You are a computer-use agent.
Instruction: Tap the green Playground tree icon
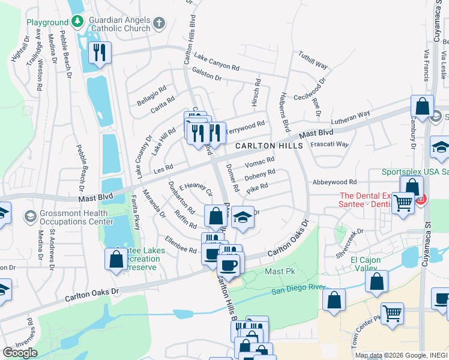pos(77,22)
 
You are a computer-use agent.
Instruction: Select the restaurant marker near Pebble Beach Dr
pos(100,53)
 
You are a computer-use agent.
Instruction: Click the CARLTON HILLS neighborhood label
pos(264,146)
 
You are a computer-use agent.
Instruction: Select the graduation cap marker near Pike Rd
pos(243,217)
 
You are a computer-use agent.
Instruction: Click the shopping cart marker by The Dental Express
pos(402,203)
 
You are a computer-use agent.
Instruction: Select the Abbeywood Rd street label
pos(334,182)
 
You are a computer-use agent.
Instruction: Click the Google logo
pos(20,353)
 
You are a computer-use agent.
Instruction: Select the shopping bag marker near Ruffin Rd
pos(215,216)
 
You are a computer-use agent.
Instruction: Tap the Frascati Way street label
pos(329,145)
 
